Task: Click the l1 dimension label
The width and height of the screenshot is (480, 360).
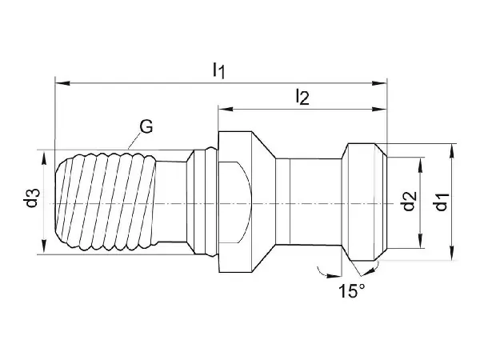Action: tap(219, 70)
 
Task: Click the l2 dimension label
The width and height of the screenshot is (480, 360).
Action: tap(302, 98)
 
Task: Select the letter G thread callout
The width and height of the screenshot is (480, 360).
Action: tap(146, 126)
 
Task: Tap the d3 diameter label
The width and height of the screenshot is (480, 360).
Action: tap(31, 198)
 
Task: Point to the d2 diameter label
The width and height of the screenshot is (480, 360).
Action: tap(410, 201)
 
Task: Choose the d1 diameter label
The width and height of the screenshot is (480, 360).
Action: tap(442, 202)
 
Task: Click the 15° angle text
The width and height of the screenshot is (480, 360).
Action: tap(352, 291)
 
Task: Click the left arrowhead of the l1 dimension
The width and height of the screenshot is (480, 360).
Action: tap(62, 83)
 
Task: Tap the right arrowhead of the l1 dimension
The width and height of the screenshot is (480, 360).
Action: tap(379, 83)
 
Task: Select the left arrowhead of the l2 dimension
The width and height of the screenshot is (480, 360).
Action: tap(226, 110)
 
